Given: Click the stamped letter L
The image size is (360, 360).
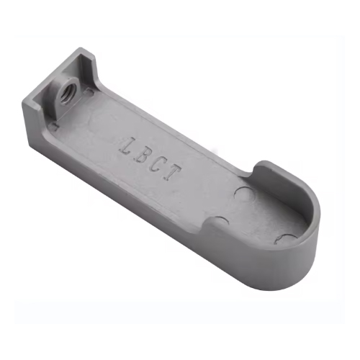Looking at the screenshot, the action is point(127,145).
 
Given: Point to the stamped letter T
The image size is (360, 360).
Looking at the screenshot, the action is point(172,174).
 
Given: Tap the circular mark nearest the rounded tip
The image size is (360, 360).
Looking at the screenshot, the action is point(286,238).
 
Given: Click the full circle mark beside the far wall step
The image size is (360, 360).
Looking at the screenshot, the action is point(243,193).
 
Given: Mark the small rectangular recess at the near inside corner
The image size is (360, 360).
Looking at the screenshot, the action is point(54,127).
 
